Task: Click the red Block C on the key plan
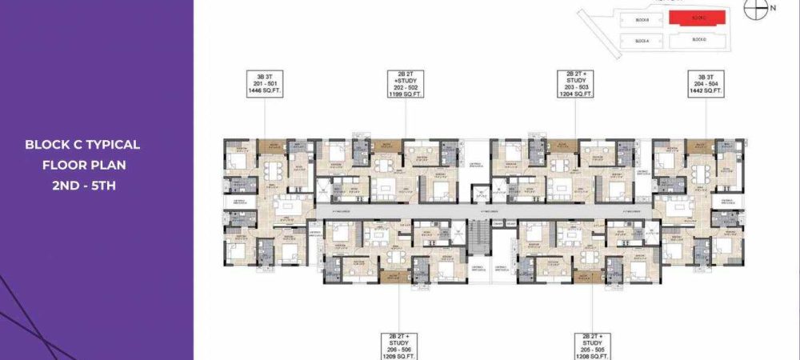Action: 698,17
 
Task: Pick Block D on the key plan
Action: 698,39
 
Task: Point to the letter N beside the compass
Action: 772,8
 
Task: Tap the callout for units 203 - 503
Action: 576,84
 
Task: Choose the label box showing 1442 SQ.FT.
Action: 706,84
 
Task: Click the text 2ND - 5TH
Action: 83,185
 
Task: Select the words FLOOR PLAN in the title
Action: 83,165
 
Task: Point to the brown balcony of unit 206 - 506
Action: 392,277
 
